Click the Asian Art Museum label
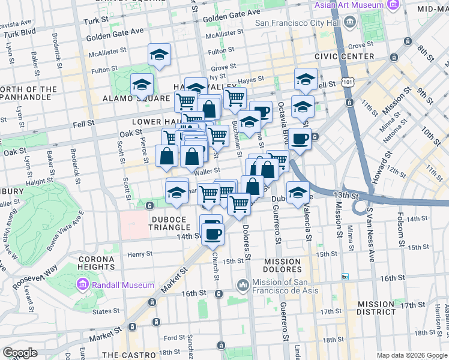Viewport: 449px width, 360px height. pos(349,5)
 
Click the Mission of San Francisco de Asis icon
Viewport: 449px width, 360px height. pos(243,284)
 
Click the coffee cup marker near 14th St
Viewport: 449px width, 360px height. pos(211,230)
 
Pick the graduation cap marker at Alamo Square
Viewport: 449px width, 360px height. pos(142,85)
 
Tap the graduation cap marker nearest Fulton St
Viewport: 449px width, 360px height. pos(160,55)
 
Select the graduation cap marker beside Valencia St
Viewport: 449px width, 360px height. pos(298,193)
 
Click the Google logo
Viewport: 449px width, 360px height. pos(19,353)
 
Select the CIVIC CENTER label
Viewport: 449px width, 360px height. pos(343,56)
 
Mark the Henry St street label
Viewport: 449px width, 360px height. pos(140,254)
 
